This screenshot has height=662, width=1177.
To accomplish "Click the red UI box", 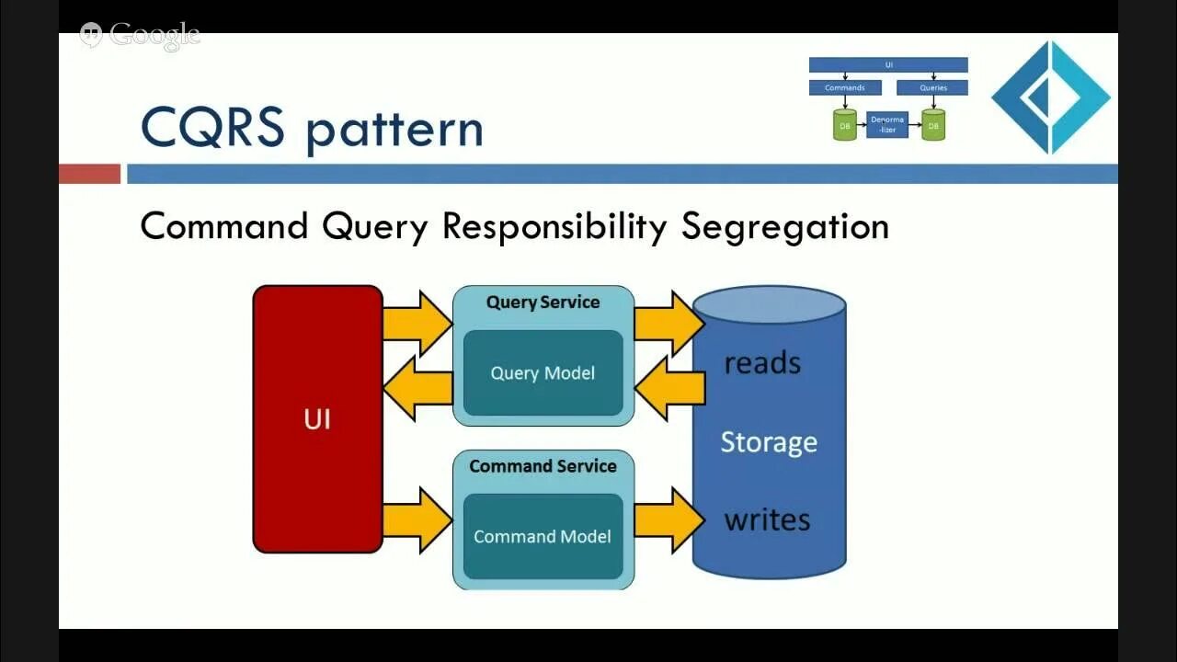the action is [x=317, y=419].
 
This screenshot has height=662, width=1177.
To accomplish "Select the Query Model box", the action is [x=543, y=372].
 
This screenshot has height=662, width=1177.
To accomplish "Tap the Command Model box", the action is [x=543, y=536].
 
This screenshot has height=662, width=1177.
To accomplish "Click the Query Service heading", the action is [x=543, y=302].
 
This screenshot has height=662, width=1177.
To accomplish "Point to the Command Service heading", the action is [x=543, y=466].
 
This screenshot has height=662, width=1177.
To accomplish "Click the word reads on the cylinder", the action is [x=762, y=363].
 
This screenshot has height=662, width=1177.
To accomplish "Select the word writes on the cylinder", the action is [x=767, y=520].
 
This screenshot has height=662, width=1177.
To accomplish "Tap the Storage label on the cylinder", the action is [x=769, y=442].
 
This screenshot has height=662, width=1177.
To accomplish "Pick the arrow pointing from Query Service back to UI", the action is [x=417, y=388].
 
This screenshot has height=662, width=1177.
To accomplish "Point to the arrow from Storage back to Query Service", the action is [x=669, y=388].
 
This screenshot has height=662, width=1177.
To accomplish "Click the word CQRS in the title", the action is [x=212, y=128].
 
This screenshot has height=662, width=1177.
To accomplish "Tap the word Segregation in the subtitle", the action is [x=784, y=226].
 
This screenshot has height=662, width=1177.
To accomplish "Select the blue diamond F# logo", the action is [x=1050, y=97].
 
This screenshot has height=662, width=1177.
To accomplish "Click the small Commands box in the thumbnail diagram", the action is [x=845, y=88].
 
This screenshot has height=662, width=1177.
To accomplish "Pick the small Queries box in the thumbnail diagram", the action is [x=933, y=88].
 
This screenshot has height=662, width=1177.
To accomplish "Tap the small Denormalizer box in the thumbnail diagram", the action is [x=887, y=124].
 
